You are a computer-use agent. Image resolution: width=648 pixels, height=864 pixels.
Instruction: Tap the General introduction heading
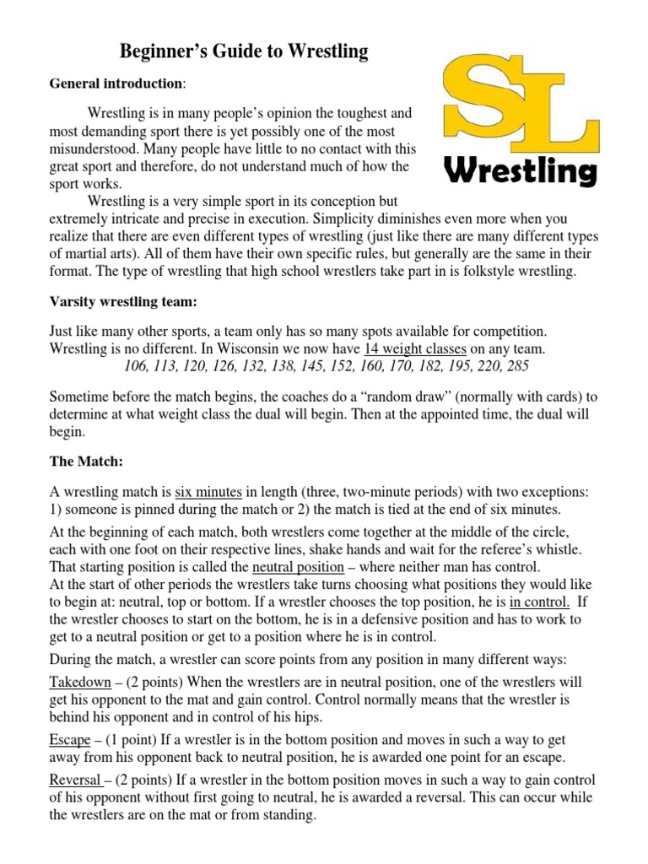(x=116, y=84)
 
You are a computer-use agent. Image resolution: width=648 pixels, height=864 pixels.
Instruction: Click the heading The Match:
(x=89, y=462)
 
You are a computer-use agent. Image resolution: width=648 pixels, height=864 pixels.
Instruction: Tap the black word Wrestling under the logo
(x=521, y=172)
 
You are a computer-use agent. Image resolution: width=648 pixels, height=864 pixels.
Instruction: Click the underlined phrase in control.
(x=539, y=602)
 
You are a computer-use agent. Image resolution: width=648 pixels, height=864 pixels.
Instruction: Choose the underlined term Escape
(x=70, y=740)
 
